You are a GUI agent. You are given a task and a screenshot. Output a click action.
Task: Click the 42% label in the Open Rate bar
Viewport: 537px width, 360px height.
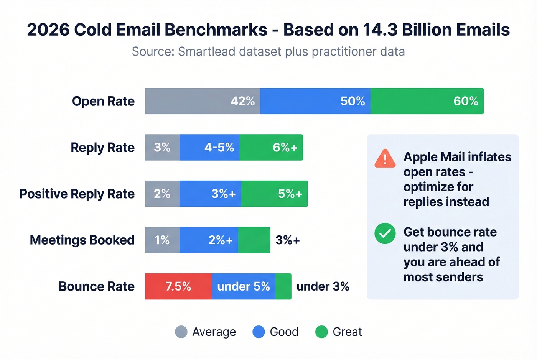click(x=242, y=101)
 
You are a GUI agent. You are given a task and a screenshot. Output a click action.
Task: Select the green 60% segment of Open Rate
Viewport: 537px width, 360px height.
click(x=427, y=101)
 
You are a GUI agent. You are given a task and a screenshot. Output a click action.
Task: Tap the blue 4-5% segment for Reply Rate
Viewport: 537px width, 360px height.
click(x=209, y=148)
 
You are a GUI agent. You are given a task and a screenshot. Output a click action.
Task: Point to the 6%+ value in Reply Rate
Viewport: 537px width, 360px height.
click(x=285, y=148)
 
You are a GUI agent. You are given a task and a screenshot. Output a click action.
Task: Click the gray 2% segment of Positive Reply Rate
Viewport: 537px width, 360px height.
click(x=162, y=194)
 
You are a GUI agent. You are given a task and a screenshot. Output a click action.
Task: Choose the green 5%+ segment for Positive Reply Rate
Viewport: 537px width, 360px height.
click(x=274, y=194)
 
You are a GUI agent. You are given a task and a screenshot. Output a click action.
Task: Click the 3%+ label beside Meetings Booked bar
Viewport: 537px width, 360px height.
click(x=288, y=240)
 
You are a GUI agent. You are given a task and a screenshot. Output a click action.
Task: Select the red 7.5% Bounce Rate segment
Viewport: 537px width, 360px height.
click(x=178, y=286)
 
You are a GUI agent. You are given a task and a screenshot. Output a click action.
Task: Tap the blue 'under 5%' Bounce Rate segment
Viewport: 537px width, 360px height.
click(x=244, y=286)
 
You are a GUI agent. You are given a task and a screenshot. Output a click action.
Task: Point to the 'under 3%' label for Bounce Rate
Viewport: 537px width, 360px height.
click(x=323, y=286)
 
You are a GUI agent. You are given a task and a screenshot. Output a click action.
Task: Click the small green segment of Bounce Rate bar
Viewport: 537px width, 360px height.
click(x=283, y=286)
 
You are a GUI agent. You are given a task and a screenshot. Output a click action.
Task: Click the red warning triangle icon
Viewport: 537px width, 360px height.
click(x=385, y=159)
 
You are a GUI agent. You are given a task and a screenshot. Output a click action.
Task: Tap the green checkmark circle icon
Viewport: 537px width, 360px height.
click(x=385, y=233)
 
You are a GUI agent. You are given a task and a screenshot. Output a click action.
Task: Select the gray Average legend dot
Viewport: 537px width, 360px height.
click(x=181, y=332)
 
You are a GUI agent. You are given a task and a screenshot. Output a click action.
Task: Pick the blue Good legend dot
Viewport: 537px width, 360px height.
click(x=259, y=332)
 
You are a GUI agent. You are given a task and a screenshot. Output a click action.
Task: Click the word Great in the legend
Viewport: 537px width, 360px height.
click(x=347, y=332)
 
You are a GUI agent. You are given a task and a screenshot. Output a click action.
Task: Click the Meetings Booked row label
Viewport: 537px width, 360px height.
click(x=82, y=240)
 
